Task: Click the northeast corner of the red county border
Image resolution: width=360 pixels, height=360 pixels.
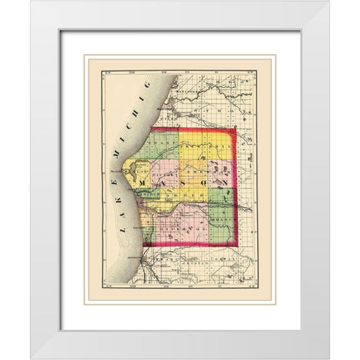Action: [235, 129]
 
